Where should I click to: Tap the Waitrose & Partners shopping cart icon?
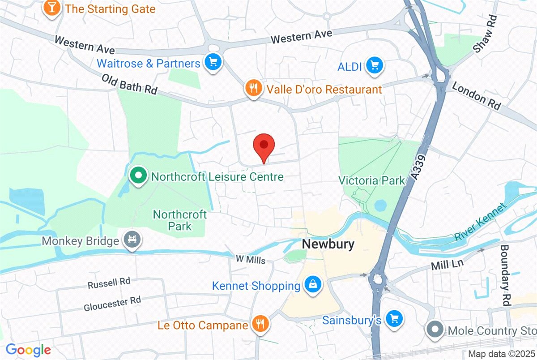tap(213, 63)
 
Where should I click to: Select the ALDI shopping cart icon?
tap(374, 66)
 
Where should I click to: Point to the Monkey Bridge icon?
tap(132, 241)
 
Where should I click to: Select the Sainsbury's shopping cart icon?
tap(394, 319)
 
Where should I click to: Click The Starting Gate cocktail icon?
tap(53, 9)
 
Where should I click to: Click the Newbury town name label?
tap(328, 244)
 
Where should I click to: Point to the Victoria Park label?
tap(371, 181)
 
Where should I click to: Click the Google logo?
tap(28, 349)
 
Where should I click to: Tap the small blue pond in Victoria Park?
tap(380, 206)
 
